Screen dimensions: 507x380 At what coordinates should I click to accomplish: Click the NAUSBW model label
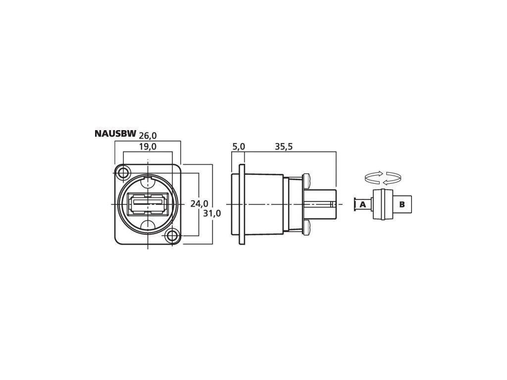coord(115,134)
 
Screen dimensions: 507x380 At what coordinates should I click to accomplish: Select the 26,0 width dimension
coord(148,135)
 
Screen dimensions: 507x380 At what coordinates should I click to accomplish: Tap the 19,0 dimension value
coord(148,146)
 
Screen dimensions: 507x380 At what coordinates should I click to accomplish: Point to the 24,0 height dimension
coord(199,203)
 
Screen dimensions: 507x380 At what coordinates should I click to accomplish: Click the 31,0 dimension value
coord(212,213)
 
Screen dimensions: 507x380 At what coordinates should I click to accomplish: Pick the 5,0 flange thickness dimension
coord(239,146)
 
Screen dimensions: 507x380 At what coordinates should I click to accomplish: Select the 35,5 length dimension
coord(284,146)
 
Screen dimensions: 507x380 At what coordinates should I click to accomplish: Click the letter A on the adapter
coord(363,204)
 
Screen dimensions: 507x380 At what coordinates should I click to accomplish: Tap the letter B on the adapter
coord(402,204)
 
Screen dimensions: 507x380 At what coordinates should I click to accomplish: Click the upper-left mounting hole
coord(123,173)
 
